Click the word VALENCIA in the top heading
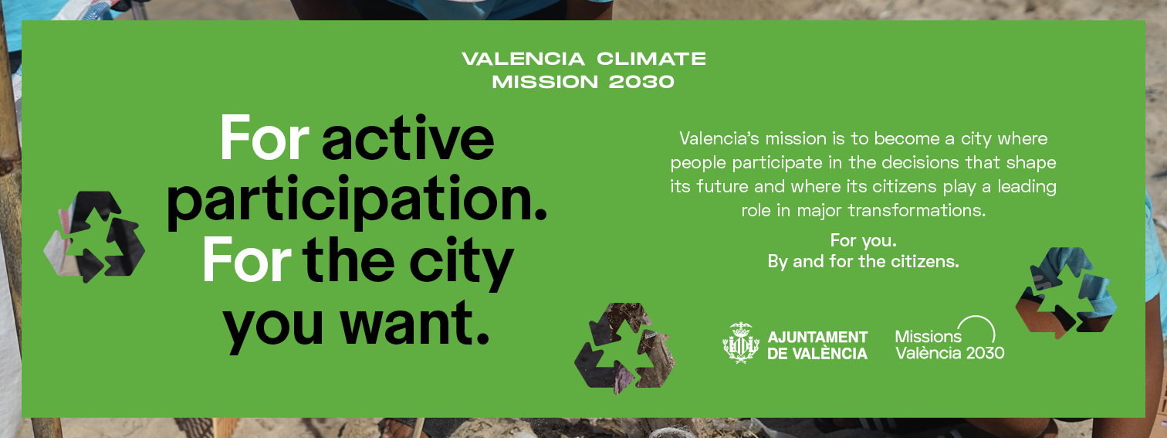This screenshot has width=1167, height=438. (x=523, y=59)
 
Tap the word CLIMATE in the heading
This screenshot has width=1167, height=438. (x=651, y=59)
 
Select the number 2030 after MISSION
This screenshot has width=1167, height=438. (x=641, y=82)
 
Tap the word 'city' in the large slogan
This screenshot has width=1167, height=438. (x=462, y=263)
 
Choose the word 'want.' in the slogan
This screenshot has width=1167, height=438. (x=415, y=322)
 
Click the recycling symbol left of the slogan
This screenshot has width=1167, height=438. (x=94, y=236)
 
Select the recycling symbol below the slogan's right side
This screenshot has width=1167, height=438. (x=625, y=348)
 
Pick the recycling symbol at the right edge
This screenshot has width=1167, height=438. (x=1066, y=293)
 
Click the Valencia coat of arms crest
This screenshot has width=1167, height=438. (x=740, y=342)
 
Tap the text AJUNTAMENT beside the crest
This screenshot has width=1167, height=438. (x=817, y=337)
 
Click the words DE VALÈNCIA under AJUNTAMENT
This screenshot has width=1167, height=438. (x=817, y=354)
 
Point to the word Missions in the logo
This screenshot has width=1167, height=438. (x=928, y=336)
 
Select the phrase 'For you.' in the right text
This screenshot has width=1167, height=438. (x=863, y=240)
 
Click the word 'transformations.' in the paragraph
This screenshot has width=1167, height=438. (x=917, y=211)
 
